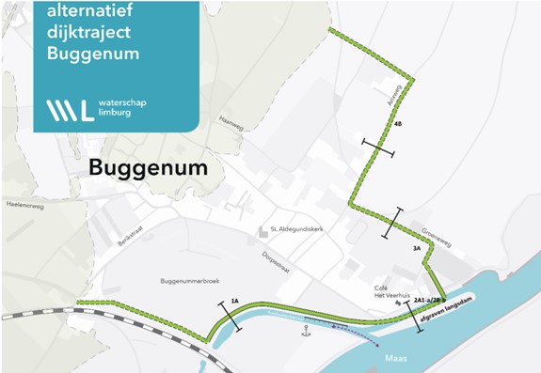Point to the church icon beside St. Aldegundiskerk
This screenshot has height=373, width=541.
point(263,230)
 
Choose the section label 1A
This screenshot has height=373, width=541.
point(234,302)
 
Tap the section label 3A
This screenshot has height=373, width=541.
point(417,249)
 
